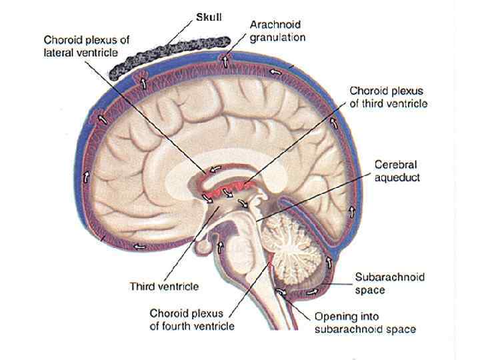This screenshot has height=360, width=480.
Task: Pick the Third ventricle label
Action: (x=163, y=287)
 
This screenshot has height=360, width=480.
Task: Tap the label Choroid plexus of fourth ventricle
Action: (x=192, y=319)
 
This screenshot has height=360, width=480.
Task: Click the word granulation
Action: (x=277, y=38)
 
